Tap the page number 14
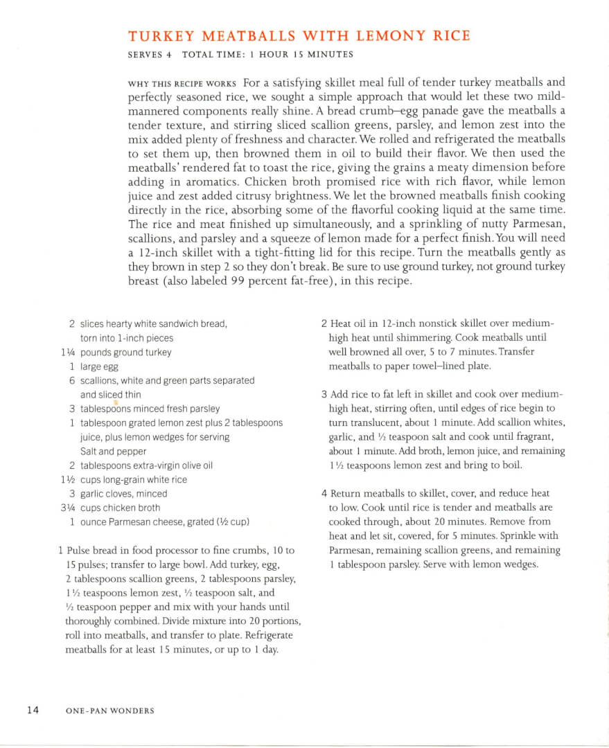pos(33,709)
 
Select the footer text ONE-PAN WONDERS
pos(109,711)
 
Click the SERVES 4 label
pos(150,55)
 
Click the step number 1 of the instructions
pos(61,551)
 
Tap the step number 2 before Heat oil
pos(324,323)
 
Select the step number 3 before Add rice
pos(324,394)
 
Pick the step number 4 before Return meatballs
pos(324,493)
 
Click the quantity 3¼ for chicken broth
pos(68,508)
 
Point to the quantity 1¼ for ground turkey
pos(68,353)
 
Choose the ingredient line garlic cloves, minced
pos(123,494)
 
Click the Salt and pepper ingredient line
pos(113,452)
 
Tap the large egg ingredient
pos(99,367)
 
